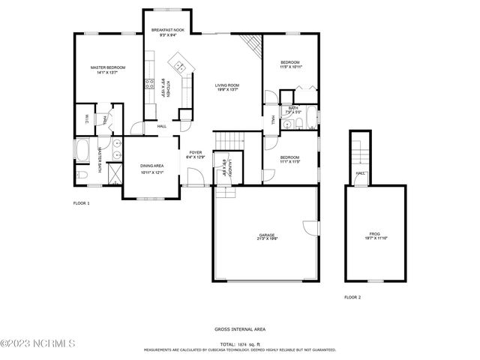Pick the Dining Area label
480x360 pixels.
pos(151,168)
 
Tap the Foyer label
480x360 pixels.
pos(195,154)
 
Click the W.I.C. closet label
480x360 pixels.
pos(86,118)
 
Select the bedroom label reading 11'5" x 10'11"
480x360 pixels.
pos(291,64)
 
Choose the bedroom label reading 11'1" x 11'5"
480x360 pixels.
pos(290,160)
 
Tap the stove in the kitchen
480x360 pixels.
pos(149,83)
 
